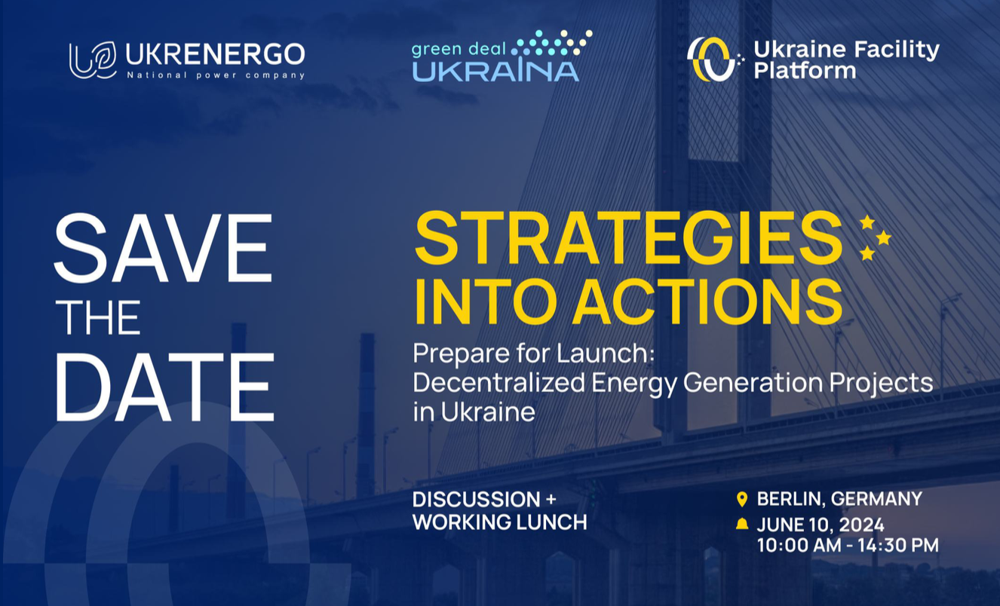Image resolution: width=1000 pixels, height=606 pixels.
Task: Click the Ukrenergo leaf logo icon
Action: (93, 60)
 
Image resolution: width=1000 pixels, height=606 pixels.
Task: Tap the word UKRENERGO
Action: (215, 54)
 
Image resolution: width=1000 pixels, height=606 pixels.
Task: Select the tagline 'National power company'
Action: (216, 75)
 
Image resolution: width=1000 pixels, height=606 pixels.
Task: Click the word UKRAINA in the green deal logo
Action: (495, 72)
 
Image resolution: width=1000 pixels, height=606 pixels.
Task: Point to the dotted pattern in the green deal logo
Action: (552, 43)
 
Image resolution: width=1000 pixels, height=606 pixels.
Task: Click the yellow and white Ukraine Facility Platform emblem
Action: (713, 60)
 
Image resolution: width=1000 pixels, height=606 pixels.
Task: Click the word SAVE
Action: (164, 248)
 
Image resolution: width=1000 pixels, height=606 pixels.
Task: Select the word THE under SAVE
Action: (98, 317)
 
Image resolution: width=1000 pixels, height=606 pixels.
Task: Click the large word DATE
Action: (164, 387)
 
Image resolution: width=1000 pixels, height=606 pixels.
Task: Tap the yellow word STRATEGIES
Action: (628, 238)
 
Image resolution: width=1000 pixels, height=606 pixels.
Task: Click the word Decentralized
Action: (498, 382)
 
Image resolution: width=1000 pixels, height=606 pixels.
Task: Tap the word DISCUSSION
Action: (477, 499)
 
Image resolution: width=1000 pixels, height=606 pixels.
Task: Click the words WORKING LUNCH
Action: (499, 522)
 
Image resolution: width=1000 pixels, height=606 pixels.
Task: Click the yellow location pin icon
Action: (741, 500)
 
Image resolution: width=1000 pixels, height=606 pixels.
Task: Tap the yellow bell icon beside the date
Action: (742, 523)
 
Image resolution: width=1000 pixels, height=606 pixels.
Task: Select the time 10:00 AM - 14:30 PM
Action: (848, 545)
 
